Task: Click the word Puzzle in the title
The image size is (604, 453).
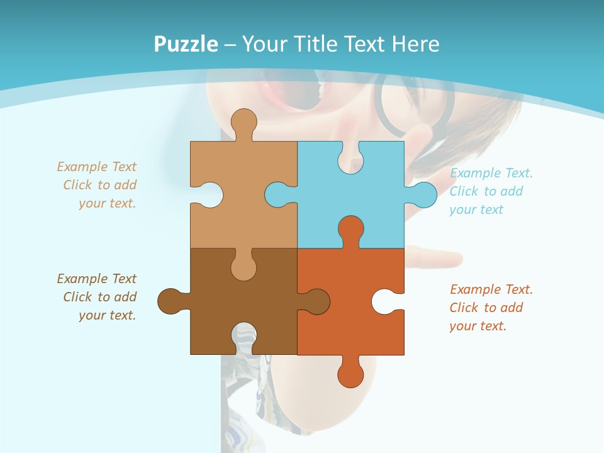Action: tap(186, 44)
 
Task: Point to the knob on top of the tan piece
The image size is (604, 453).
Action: tap(243, 122)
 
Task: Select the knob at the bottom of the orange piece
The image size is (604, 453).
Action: tap(350, 374)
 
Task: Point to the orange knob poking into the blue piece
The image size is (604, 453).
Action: tap(350, 229)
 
